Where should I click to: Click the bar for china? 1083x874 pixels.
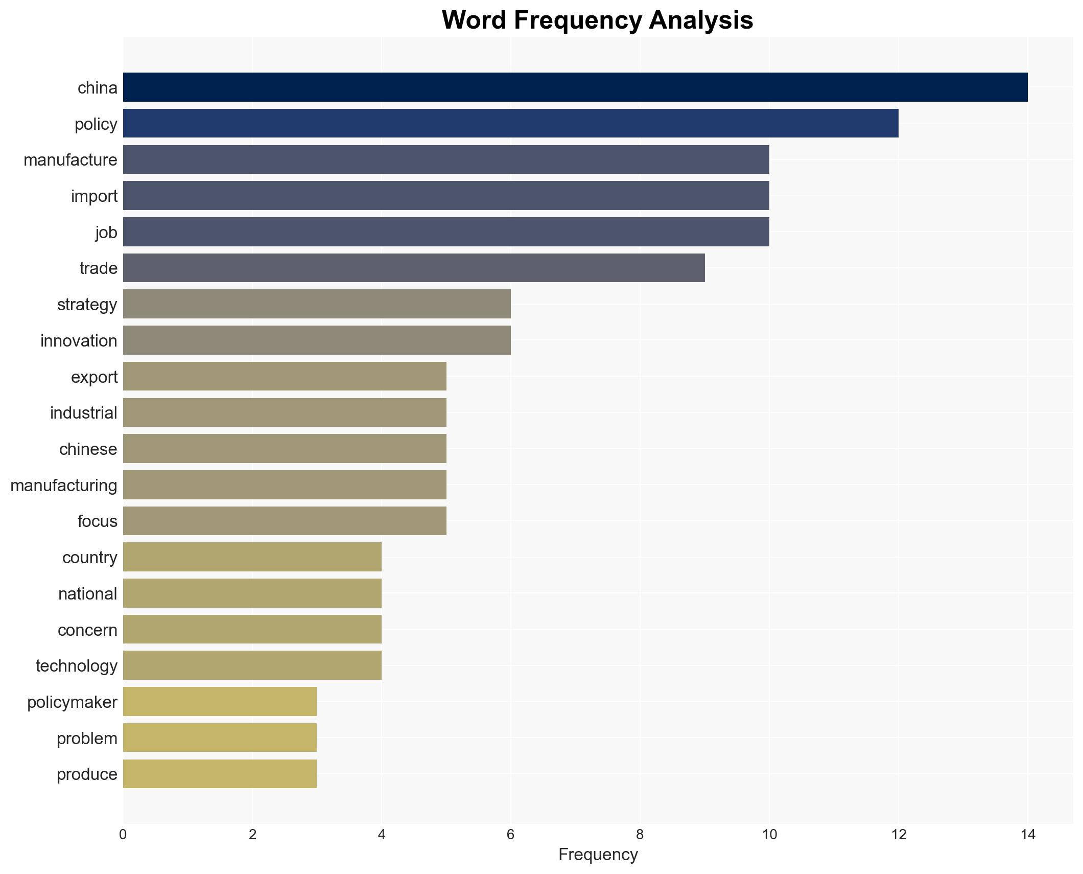click(x=575, y=87)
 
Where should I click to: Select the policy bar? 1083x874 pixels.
click(x=510, y=124)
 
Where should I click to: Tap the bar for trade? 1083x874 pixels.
click(x=414, y=268)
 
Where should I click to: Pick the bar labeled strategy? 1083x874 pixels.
click(x=317, y=304)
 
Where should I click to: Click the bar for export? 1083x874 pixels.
click(x=285, y=377)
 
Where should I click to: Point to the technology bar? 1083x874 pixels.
click(x=252, y=665)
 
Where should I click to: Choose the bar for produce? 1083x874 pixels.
click(x=220, y=774)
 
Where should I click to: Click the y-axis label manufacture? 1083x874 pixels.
click(x=70, y=160)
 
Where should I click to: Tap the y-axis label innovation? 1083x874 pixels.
click(x=79, y=340)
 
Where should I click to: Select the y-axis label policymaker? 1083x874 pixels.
click(x=72, y=702)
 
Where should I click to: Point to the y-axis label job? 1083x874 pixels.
click(x=106, y=232)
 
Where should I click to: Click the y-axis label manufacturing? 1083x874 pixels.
click(x=64, y=485)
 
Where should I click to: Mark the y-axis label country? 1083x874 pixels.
click(x=90, y=557)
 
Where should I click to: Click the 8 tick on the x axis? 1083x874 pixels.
click(x=640, y=835)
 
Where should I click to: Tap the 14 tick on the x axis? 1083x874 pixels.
click(x=1027, y=835)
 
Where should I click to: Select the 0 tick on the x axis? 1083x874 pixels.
click(x=123, y=835)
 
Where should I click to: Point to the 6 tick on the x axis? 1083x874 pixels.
click(x=510, y=835)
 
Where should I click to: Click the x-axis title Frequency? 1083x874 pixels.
click(x=598, y=855)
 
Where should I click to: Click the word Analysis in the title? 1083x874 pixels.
click(x=701, y=20)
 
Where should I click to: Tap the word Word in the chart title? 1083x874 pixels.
click(x=474, y=20)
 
